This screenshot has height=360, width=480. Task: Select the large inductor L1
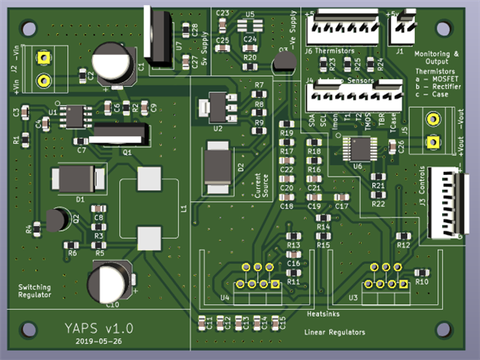click(148, 207)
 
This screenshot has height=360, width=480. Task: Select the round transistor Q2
click(55, 220)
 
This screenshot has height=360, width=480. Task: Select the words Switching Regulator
click(35, 290)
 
